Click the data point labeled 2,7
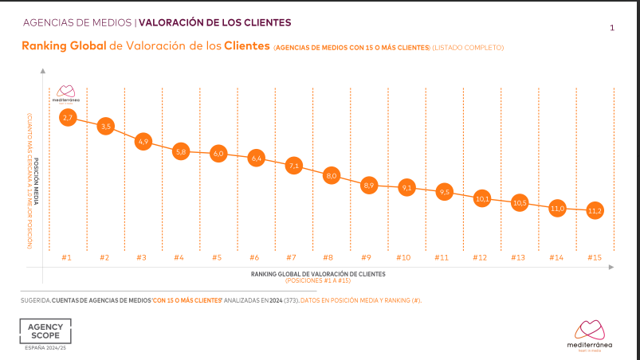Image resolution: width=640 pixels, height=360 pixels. (x=67, y=118)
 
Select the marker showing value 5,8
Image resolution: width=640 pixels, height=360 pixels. (x=180, y=151)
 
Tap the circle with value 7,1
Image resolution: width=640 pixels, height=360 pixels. (x=293, y=166)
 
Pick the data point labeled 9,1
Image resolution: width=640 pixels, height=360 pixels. (x=406, y=188)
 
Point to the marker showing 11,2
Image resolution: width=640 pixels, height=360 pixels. (x=595, y=211)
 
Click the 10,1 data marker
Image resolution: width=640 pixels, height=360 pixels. (x=482, y=198)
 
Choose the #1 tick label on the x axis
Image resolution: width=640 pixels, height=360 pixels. (x=67, y=257)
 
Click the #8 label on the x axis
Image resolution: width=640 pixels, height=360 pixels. (x=328, y=257)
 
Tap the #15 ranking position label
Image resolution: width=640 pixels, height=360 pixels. (x=594, y=257)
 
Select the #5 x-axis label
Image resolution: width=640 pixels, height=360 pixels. (x=217, y=257)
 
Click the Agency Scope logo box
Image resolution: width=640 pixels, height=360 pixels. (x=45, y=332)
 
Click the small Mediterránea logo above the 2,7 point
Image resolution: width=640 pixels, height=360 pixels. (x=66, y=94)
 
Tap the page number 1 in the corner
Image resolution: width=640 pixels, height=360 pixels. (x=611, y=29)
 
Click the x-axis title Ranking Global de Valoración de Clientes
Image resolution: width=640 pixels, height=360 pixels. (x=318, y=273)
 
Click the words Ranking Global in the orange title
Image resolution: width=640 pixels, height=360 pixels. (x=63, y=47)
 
